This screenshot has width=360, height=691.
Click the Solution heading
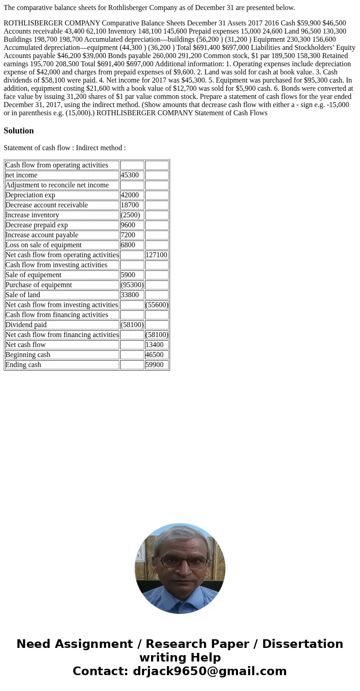19,131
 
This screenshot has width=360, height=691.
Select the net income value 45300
130,175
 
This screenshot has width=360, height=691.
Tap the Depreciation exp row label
30,195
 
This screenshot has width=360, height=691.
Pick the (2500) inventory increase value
131,215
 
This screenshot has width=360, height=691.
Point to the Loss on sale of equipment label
44,245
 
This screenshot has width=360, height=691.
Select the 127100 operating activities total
156,255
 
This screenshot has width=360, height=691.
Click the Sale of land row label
23,295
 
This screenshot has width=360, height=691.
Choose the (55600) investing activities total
157,305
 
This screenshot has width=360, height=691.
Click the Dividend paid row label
26,325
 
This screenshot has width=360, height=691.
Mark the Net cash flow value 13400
155,345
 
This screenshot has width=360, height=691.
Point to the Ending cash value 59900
155,365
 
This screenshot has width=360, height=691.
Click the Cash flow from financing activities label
57,315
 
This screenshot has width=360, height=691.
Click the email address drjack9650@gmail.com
209,671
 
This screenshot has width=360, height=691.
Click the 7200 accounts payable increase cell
128,235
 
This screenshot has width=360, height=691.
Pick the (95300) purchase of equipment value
132,285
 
